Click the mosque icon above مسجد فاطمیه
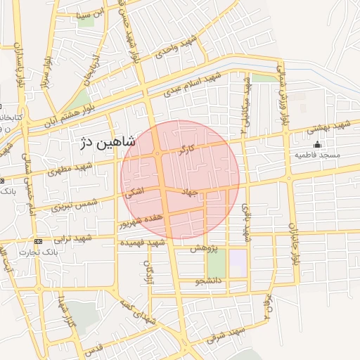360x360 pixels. click(x=318, y=145)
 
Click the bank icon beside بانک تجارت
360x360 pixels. click(x=39, y=241)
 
